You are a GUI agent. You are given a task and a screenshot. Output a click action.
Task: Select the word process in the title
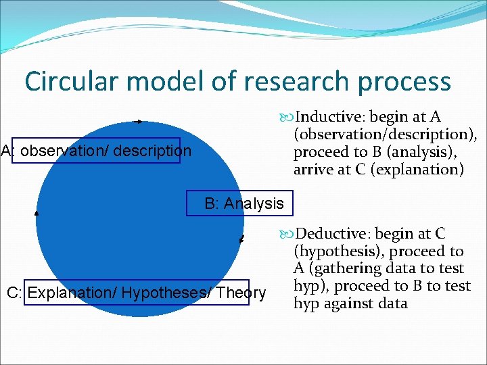coord(404,82)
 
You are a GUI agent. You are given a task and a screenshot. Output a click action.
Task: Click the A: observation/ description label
coord(96,150)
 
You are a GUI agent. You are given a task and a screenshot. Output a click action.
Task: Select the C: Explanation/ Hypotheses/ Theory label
coord(136,293)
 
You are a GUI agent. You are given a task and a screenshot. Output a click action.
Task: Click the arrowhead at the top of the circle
coord(139,122)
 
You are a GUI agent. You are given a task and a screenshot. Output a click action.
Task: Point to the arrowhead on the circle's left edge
coord(37,212)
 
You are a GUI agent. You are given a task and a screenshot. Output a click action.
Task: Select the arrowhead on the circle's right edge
coord(241,239)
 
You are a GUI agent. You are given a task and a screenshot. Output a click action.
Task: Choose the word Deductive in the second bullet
coord(331,234)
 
